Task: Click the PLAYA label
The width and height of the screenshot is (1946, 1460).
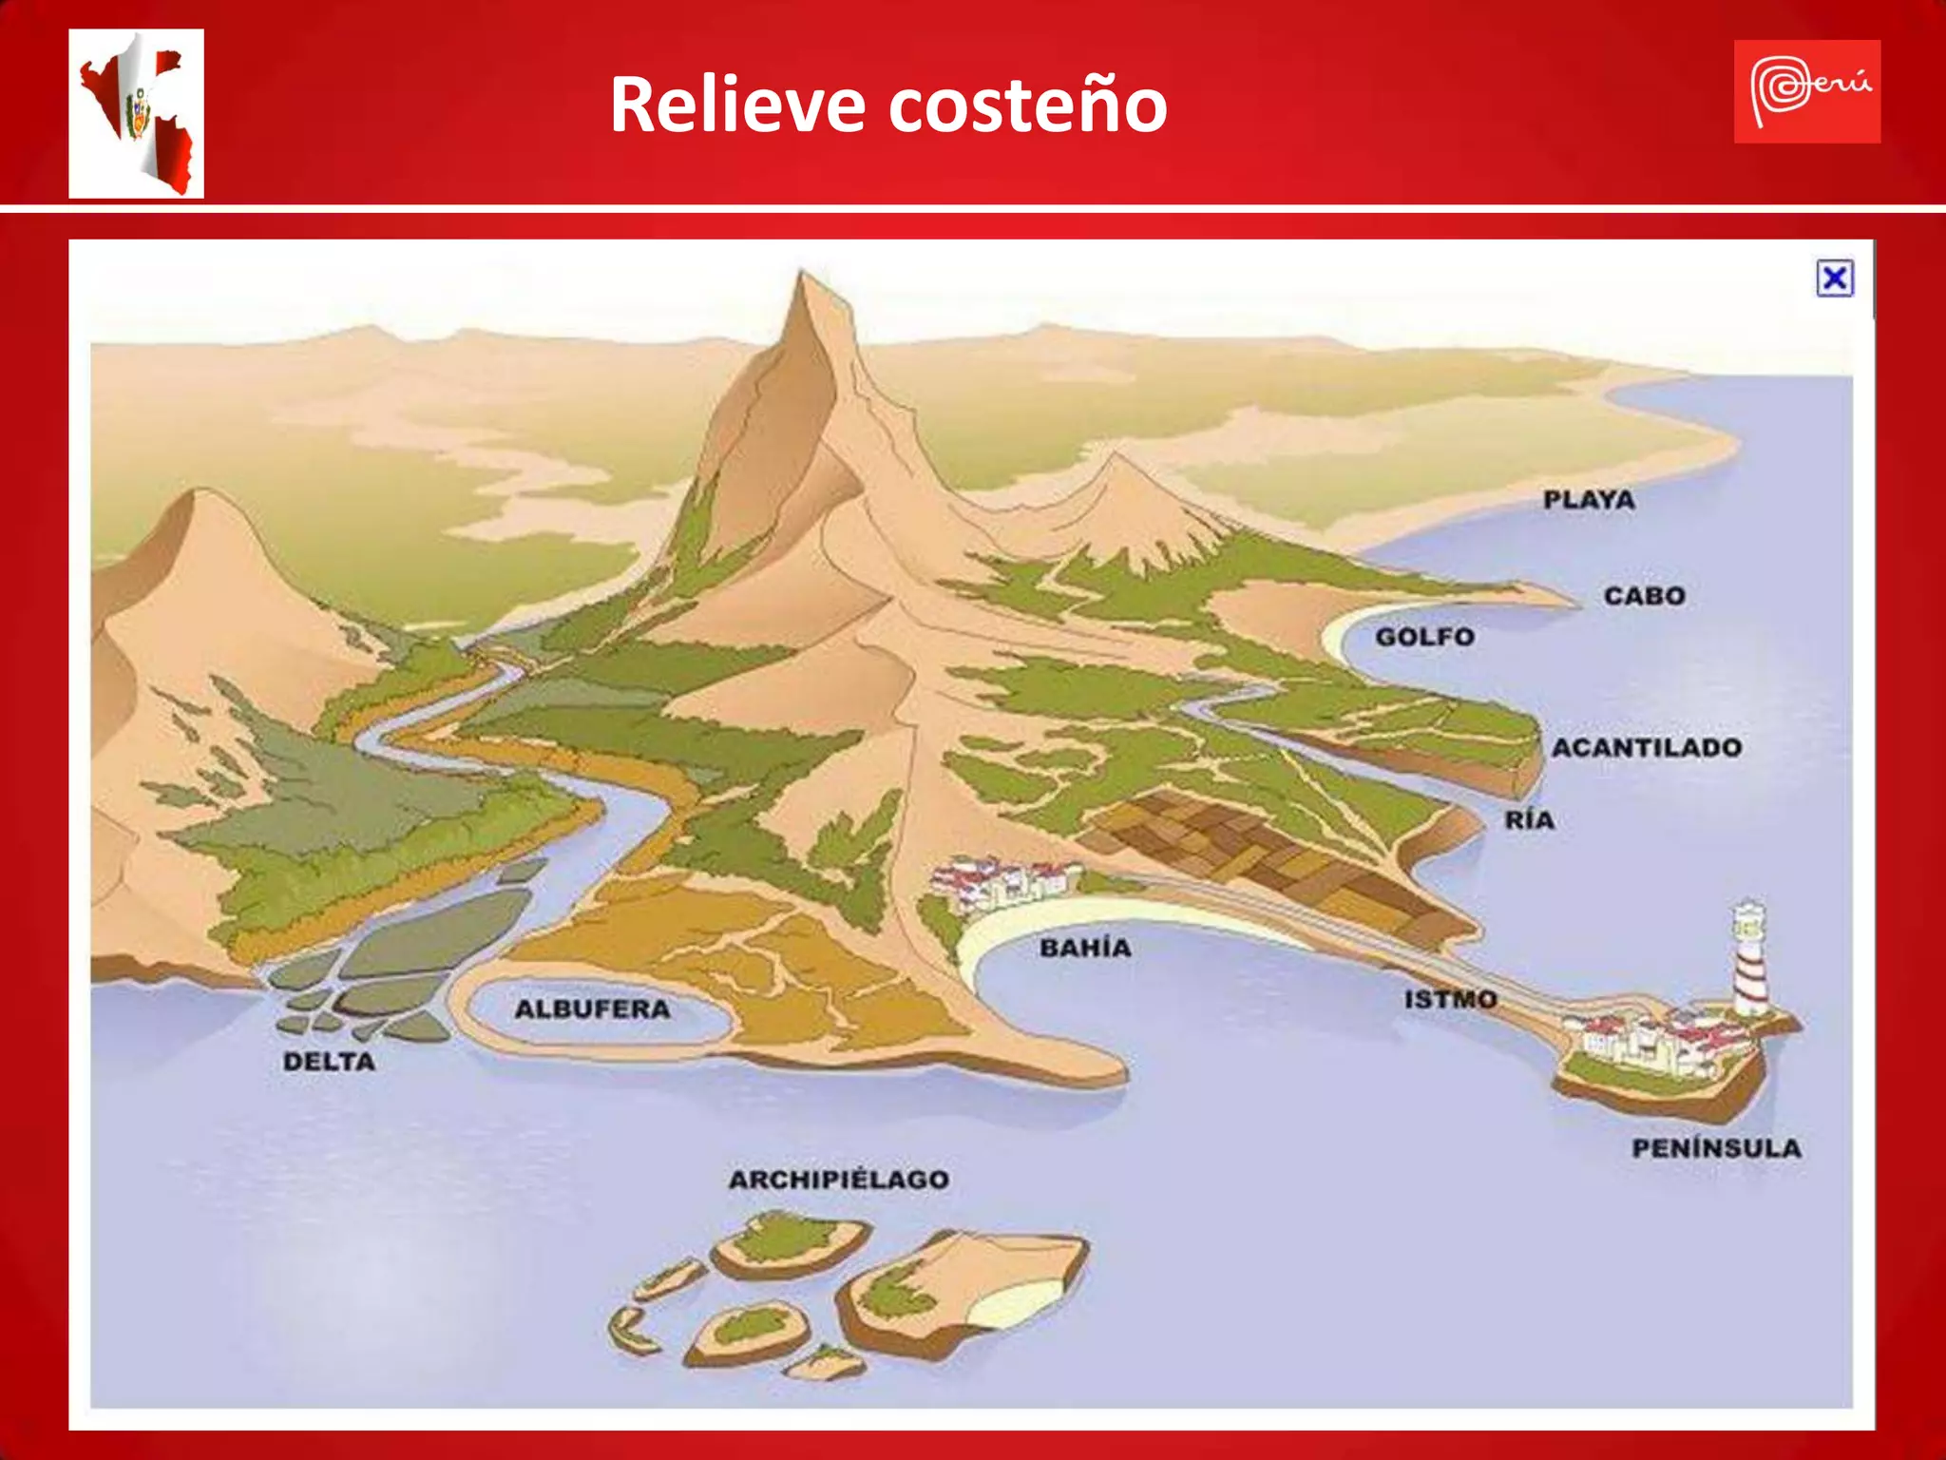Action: pyautogui.click(x=1589, y=500)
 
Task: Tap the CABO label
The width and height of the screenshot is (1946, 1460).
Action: pyautogui.click(x=1645, y=596)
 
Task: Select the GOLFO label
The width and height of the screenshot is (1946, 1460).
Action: pyautogui.click(x=1424, y=637)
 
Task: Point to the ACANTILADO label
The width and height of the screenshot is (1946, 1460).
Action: pyautogui.click(x=1647, y=748)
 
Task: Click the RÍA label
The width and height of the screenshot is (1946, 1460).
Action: pyautogui.click(x=1529, y=820)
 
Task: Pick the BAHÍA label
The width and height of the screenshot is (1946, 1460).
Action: pyautogui.click(x=1085, y=948)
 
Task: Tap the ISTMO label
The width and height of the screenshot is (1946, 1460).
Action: pyautogui.click(x=1450, y=999)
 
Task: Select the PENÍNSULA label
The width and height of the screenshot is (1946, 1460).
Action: pyautogui.click(x=1716, y=1148)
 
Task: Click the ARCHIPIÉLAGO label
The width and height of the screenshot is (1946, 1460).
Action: pyautogui.click(x=838, y=1180)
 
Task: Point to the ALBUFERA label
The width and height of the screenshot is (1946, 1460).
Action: pyautogui.click(x=592, y=1009)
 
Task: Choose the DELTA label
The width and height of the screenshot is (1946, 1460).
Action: pyautogui.click(x=329, y=1062)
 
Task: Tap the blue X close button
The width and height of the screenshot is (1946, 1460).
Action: pyautogui.click(x=1835, y=279)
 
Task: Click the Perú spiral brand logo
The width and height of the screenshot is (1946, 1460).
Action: pyautogui.click(x=1806, y=91)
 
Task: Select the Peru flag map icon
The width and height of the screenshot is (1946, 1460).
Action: pyautogui.click(x=137, y=113)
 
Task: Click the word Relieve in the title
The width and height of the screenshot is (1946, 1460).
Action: pyautogui.click(x=736, y=105)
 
